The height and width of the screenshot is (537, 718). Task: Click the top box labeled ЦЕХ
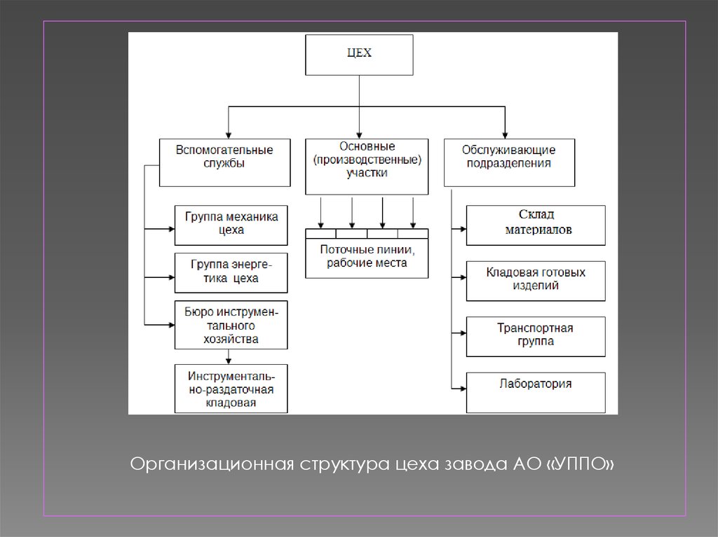(359, 55)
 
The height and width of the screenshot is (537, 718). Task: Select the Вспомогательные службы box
(224, 162)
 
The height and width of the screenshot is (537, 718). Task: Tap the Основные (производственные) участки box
(367, 167)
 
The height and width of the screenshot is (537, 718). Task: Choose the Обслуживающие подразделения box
(508, 162)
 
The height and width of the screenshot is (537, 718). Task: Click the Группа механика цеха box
(231, 224)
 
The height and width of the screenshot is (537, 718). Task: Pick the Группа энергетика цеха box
(231, 272)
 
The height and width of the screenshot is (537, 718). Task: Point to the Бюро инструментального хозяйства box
(231, 325)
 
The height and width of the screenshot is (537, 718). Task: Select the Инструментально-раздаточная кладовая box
(231, 389)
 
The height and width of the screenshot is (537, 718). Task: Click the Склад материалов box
(535, 225)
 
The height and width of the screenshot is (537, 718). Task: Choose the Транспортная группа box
(535, 336)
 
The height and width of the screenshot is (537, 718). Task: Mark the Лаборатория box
(535, 391)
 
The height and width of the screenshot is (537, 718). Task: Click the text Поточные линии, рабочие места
(367, 257)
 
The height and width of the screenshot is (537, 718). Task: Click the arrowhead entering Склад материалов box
(461, 228)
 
